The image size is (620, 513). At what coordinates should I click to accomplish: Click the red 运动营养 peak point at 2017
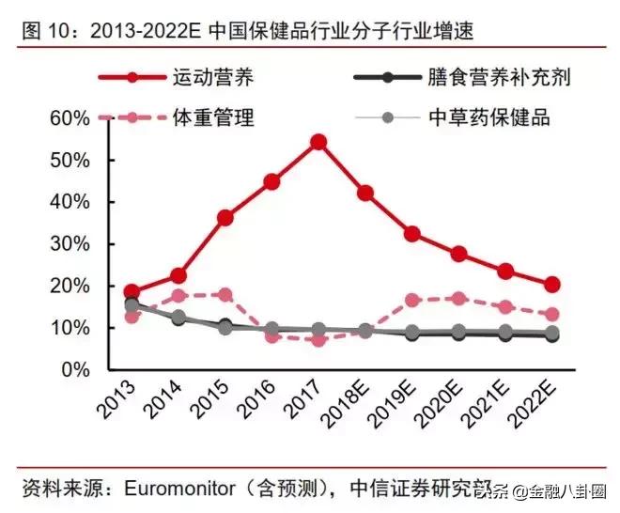[318, 142]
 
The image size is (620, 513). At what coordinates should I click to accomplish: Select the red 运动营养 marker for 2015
[225, 218]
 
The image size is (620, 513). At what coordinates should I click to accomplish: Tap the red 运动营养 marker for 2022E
[552, 285]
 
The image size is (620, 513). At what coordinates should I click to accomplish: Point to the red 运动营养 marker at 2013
[132, 292]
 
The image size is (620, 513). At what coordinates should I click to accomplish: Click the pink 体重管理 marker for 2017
[318, 339]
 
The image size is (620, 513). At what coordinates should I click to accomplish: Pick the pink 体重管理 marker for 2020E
[458, 299]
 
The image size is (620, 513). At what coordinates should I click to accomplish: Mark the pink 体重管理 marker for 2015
[225, 295]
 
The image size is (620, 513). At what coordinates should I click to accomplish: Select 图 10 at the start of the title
[42, 31]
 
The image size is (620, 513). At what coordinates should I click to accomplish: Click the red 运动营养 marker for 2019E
[411, 234]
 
